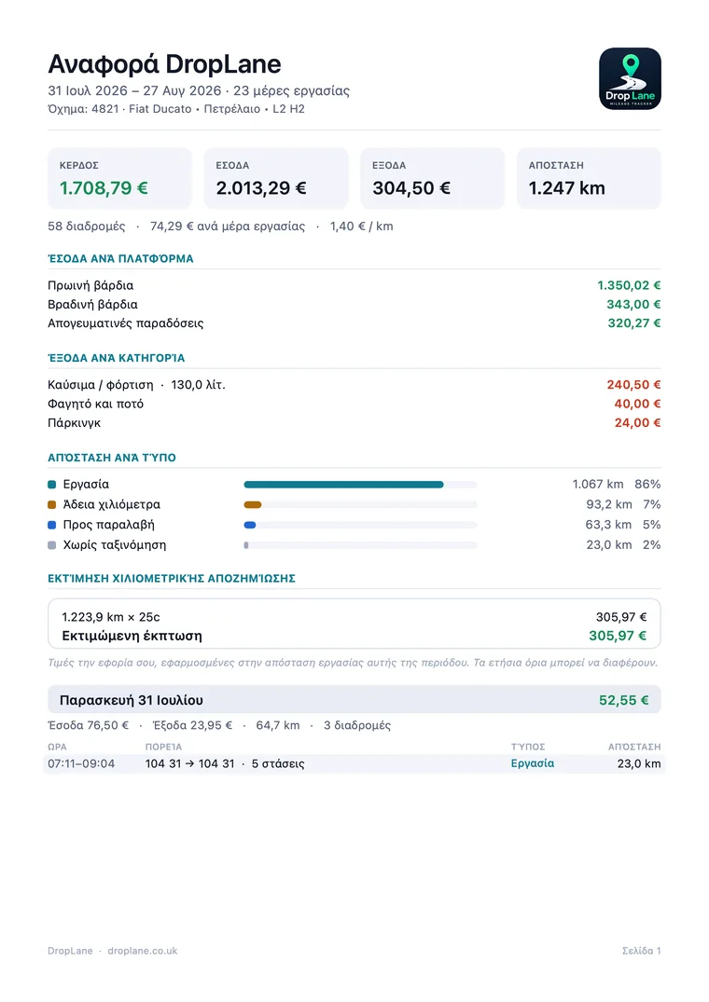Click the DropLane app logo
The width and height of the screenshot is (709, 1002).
(x=630, y=78)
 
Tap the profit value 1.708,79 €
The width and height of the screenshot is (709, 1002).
(x=104, y=188)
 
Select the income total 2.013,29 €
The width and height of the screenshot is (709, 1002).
(x=261, y=188)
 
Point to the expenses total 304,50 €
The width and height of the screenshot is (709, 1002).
(x=411, y=188)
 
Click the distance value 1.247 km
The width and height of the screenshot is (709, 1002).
(x=566, y=188)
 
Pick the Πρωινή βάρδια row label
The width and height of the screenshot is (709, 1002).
(x=90, y=285)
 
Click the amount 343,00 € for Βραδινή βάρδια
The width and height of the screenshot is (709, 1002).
(x=633, y=305)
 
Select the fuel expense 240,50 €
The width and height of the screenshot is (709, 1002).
(x=633, y=385)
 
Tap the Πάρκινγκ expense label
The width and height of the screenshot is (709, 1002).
(x=74, y=423)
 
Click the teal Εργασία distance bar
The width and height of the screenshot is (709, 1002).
(x=343, y=485)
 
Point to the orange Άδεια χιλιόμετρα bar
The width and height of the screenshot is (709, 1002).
(x=253, y=505)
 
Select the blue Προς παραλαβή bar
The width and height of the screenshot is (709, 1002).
(x=250, y=526)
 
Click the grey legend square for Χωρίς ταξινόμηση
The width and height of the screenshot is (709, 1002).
(x=52, y=545)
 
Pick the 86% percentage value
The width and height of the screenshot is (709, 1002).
(x=647, y=485)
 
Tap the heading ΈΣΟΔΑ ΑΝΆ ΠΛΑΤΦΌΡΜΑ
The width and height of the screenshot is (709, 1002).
(x=121, y=259)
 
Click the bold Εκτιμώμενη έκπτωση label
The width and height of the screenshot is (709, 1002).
(x=132, y=636)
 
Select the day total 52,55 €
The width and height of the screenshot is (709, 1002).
(x=623, y=700)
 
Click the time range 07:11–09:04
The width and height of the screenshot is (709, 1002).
(x=81, y=763)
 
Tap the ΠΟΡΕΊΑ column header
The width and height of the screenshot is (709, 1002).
(x=163, y=747)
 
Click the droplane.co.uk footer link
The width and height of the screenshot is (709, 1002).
(x=143, y=951)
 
